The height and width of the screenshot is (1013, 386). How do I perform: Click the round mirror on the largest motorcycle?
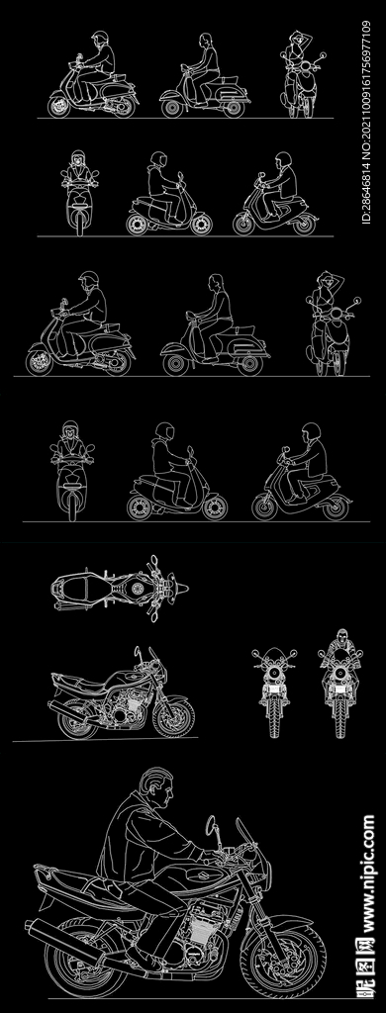211,825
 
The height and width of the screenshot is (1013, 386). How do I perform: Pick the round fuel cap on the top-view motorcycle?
137,589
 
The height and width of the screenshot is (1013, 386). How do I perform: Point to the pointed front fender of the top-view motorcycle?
180,589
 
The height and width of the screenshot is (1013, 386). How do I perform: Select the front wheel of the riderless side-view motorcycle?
174,717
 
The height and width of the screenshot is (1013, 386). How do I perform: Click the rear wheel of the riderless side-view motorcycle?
77,721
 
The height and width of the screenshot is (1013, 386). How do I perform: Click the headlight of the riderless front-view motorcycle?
275,674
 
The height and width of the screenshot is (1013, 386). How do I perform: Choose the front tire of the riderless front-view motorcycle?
275,716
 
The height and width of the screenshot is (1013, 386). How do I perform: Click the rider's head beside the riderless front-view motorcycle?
341,636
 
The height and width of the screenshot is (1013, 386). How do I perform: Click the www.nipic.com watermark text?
368,875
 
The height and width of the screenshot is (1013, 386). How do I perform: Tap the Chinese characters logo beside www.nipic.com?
368,971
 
